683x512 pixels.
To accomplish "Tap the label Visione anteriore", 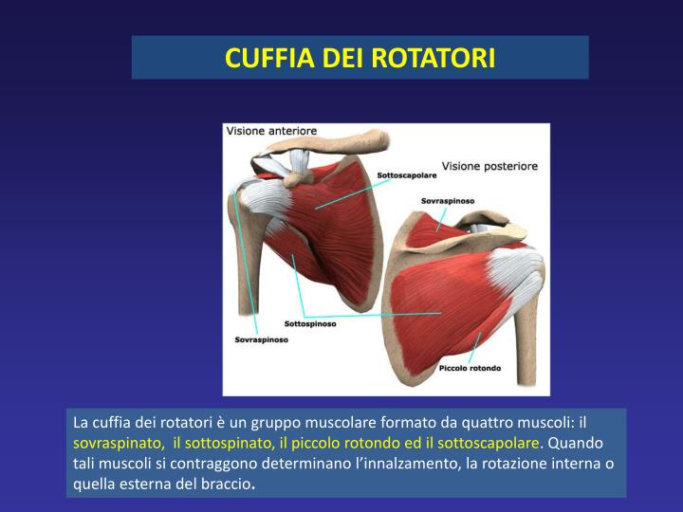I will point(271,131).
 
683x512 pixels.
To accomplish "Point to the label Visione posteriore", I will point(489,166).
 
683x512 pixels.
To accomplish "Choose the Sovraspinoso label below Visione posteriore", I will point(448,201).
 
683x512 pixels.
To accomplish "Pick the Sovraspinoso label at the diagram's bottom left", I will point(261,338).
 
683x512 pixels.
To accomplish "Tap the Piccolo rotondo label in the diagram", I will point(470,367).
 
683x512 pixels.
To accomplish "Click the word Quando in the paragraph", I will point(575,443).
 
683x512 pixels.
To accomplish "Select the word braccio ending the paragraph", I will point(228,483).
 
